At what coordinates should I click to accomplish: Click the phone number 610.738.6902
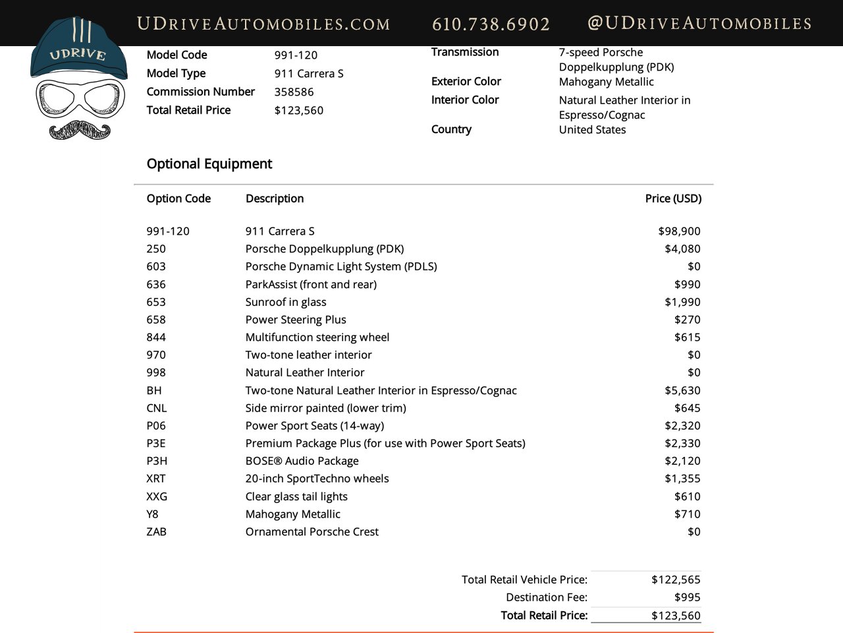tap(491, 24)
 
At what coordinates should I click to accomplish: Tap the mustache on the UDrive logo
tap(80, 130)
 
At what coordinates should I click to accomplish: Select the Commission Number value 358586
tap(294, 92)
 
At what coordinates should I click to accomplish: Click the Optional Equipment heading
tap(209, 164)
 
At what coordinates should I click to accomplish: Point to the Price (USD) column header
tap(673, 198)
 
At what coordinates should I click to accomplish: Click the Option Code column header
tap(178, 198)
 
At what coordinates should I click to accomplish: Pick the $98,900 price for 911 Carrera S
tap(679, 231)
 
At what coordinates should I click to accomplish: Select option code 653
tap(156, 302)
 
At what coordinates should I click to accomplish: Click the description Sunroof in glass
tap(286, 302)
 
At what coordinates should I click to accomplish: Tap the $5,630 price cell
tap(682, 390)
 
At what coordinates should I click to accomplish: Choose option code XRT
tap(156, 479)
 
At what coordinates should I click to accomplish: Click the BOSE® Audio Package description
tap(302, 461)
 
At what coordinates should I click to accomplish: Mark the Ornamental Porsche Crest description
tap(312, 531)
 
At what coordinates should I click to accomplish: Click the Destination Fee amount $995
tap(687, 597)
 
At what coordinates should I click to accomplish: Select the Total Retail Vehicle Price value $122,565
tap(676, 580)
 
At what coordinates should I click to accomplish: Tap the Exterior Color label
tap(466, 82)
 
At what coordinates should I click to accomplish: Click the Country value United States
tap(592, 130)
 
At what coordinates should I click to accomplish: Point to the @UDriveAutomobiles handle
tap(699, 24)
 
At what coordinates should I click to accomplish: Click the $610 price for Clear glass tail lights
tap(687, 497)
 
